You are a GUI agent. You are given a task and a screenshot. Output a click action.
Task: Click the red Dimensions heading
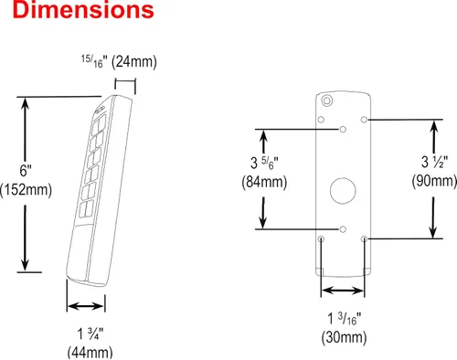tap(83, 10)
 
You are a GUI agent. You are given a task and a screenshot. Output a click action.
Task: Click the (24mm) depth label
tap(134, 62)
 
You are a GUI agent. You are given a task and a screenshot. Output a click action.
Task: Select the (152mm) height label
tap(27, 190)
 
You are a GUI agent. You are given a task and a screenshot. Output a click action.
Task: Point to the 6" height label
tap(26, 171)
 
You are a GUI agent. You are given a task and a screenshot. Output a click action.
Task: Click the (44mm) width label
tap(90, 353)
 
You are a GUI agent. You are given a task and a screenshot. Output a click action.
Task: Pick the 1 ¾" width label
tap(90, 334)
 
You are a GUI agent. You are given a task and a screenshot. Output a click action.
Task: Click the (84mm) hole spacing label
tap(264, 182)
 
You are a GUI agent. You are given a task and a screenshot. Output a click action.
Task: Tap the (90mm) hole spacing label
tap(434, 181)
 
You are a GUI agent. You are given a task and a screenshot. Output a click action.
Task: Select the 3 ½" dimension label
tap(434, 162)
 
